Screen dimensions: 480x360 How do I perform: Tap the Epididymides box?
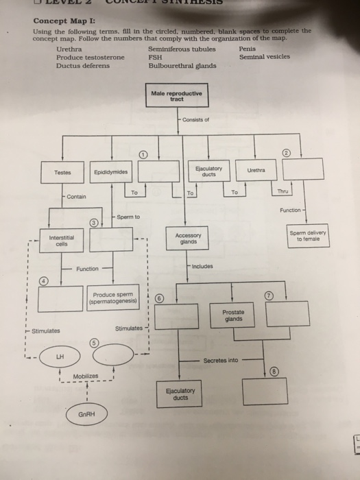pos(110,172)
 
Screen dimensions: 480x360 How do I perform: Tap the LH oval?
pos(61,357)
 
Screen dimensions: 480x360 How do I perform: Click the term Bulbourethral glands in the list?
pos(177,66)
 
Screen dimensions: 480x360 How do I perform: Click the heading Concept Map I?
pos(58,20)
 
